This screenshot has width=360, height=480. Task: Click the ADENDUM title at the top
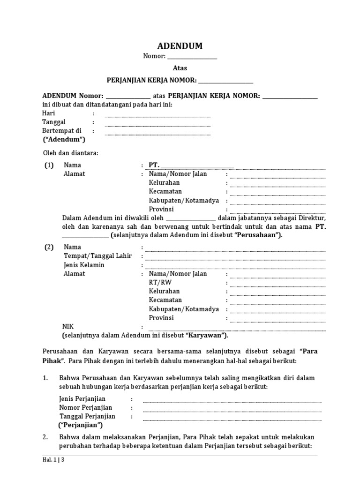[x=180, y=46]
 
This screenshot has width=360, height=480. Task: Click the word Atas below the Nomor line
[x=180, y=68]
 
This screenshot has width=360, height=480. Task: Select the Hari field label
[x=49, y=113]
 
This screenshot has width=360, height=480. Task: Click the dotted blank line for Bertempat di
[x=157, y=134]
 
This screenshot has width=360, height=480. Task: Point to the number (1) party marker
[x=49, y=165]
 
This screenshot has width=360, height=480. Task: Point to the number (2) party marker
[x=49, y=247]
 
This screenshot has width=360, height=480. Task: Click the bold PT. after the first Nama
[x=154, y=165]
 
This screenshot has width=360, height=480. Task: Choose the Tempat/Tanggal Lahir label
[x=97, y=256]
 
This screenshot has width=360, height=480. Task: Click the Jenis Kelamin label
[x=84, y=265]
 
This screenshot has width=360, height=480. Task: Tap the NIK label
[x=68, y=326]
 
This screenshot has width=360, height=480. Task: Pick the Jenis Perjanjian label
[x=82, y=399]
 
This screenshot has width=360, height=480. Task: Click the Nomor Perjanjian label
[x=86, y=407]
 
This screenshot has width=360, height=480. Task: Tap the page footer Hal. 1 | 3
[x=53, y=460]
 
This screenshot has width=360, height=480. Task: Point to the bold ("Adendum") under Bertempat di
[x=64, y=139]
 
